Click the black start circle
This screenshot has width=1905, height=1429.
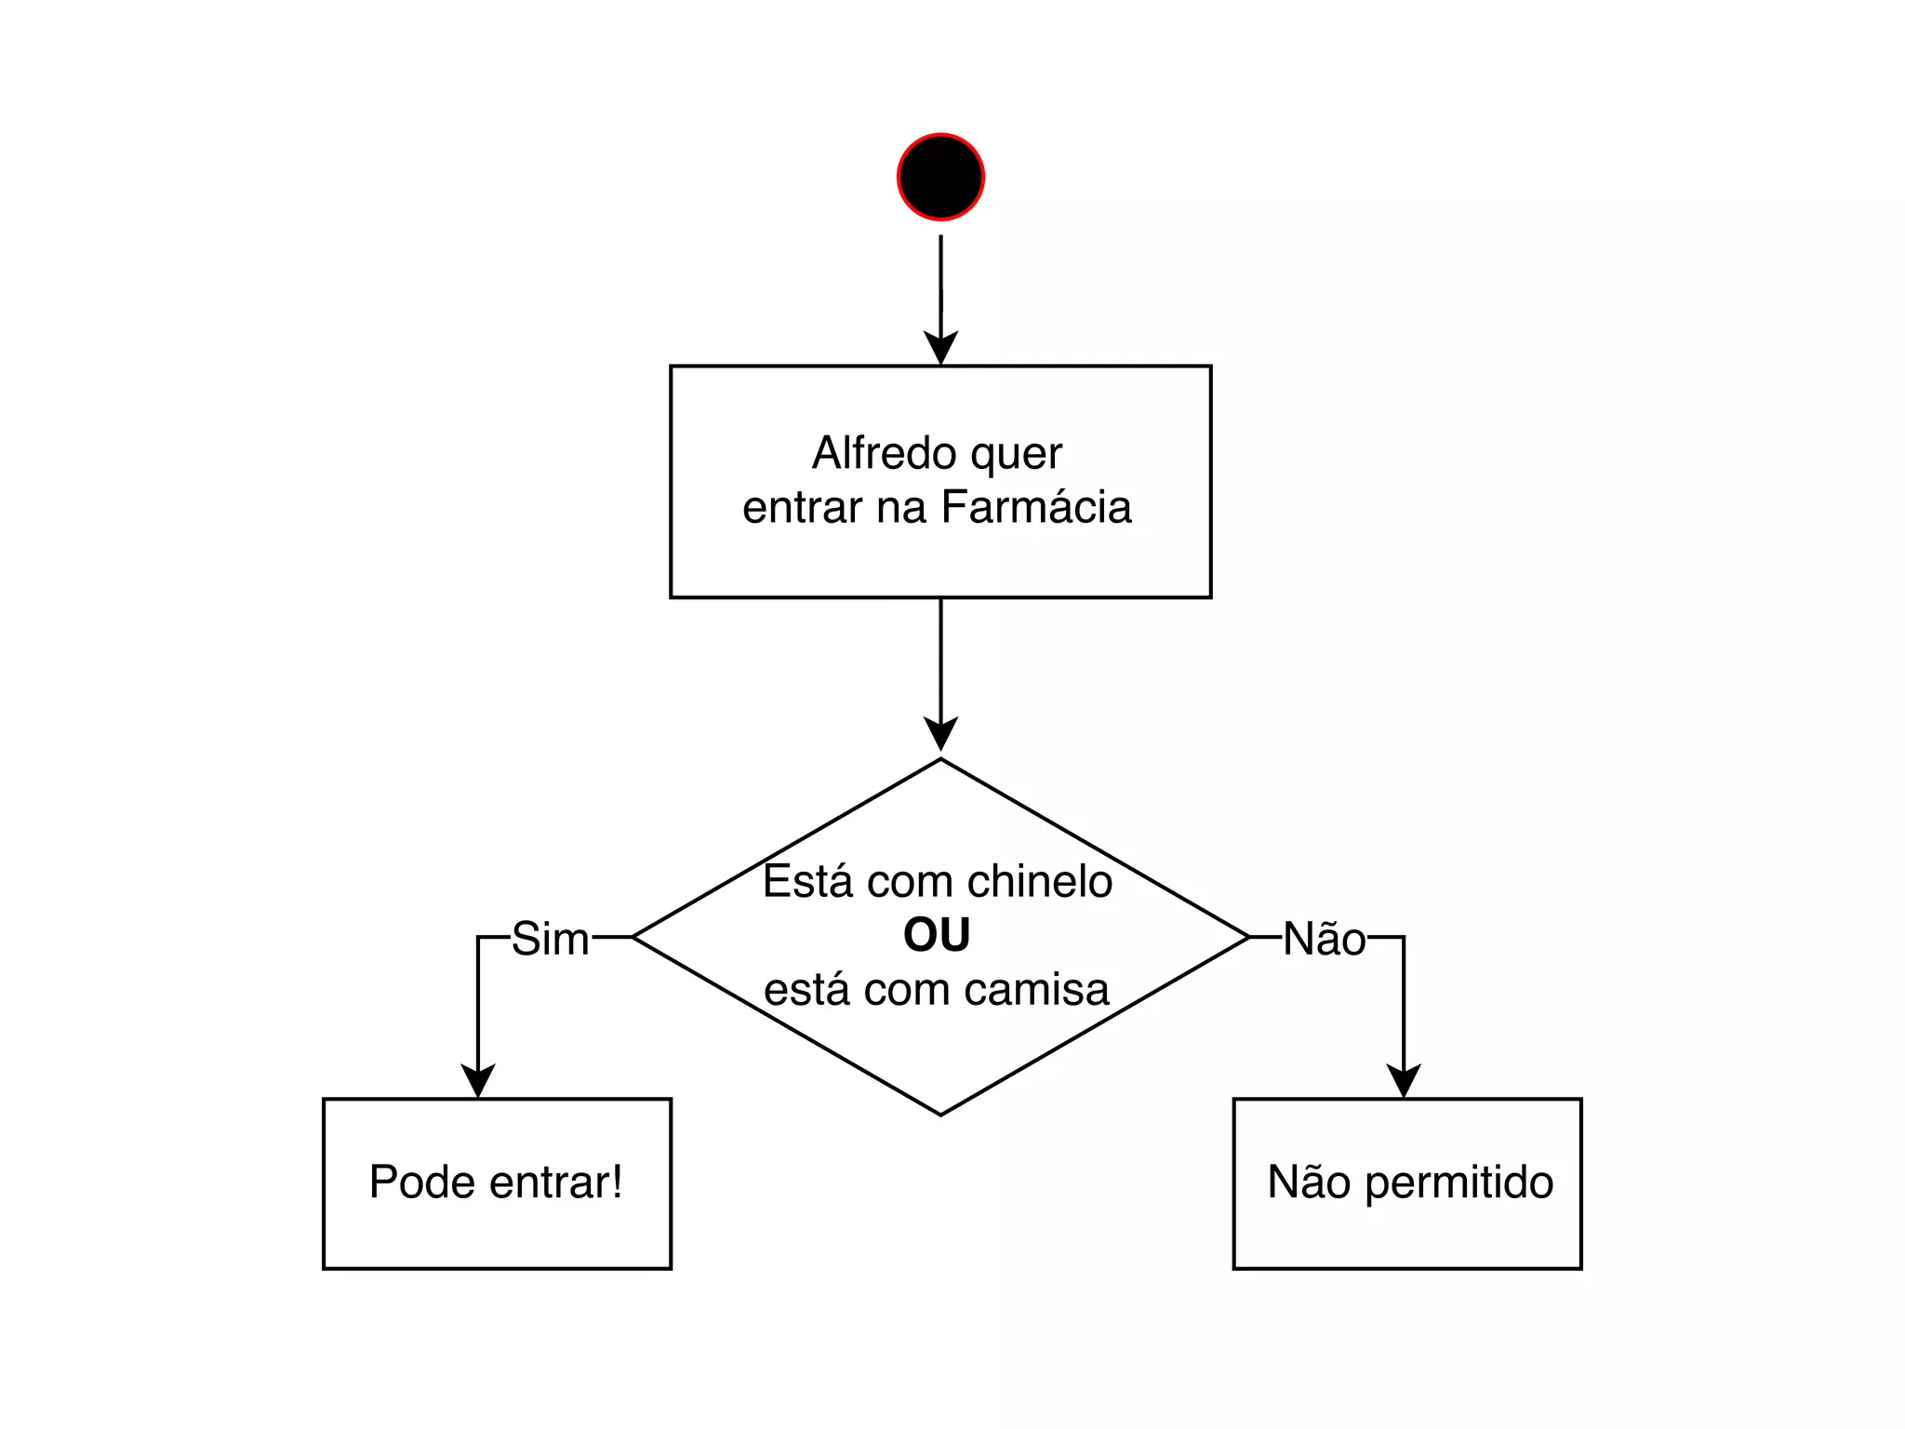[x=940, y=177]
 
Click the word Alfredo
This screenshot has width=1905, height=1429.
[x=885, y=454]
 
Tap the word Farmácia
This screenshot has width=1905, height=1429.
[x=1036, y=508]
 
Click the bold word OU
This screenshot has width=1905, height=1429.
[x=937, y=936]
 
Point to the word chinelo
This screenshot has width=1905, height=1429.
[x=1039, y=881]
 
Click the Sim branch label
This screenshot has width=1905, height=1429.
[x=550, y=939]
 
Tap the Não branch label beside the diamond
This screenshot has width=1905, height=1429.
[x=1325, y=939]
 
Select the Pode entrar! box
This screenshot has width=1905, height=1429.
[x=497, y=1183]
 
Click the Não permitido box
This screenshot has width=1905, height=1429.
[x=1406, y=1183]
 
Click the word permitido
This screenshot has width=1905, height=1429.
[x=1459, y=1183]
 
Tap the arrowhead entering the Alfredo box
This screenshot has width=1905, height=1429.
[x=940, y=348]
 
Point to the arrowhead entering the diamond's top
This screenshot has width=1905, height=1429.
[x=940, y=734]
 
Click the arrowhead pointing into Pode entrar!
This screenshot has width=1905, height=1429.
[x=478, y=1081]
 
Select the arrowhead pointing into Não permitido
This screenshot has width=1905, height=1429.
[x=1403, y=1081]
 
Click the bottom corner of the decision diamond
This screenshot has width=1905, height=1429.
[x=940, y=1113]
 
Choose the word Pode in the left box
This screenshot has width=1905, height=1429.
[x=422, y=1182]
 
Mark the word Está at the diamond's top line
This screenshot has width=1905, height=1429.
[x=807, y=881]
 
